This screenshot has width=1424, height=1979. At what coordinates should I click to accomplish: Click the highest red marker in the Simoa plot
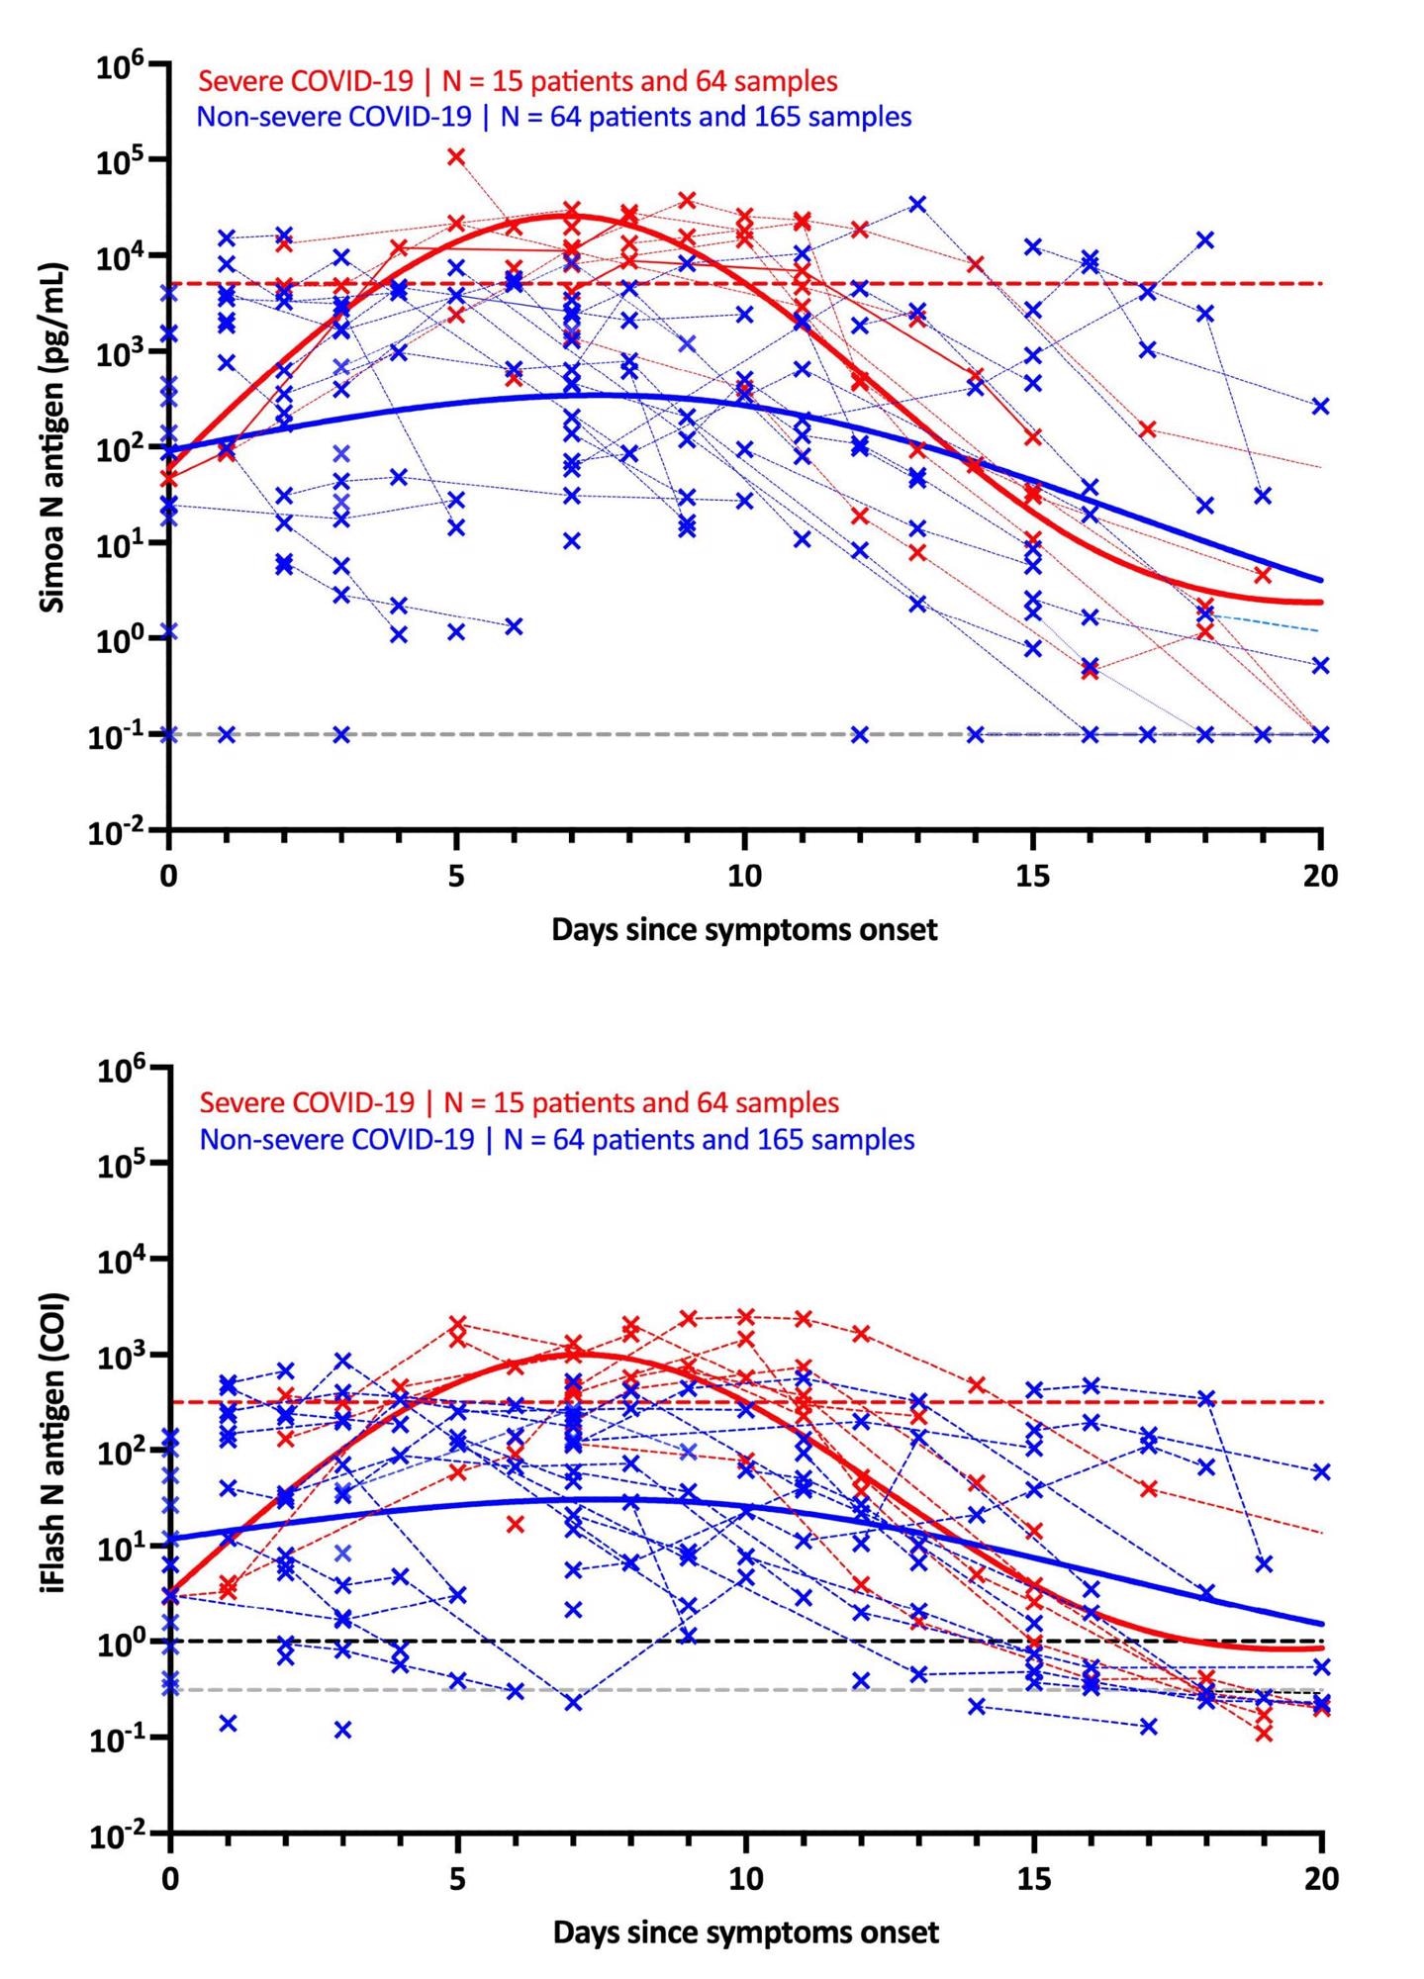[456, 156]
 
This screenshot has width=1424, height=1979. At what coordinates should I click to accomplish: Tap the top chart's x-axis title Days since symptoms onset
[744, 930]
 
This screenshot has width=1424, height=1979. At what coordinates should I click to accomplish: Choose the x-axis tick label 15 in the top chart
[1032, 877]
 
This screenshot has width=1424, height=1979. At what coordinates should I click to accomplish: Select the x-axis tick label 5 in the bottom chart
[457, 1878]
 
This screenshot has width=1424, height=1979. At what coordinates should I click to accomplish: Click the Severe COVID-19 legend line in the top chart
[519, 80]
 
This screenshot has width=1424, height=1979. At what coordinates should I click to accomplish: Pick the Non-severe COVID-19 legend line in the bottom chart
[557, 1139]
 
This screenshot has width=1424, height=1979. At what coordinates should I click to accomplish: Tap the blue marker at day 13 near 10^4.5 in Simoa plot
[917, 204]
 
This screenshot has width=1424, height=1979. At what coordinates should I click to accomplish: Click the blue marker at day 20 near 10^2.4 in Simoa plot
[1320, 406]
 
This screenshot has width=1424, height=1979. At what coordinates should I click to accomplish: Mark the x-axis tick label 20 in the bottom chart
[1320, 1878]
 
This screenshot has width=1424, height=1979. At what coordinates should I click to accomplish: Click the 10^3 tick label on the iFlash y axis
[122, 1357]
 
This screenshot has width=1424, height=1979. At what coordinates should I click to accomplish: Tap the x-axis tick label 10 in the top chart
[744, 877]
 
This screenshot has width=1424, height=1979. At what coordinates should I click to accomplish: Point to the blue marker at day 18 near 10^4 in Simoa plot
[1205, 239]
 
